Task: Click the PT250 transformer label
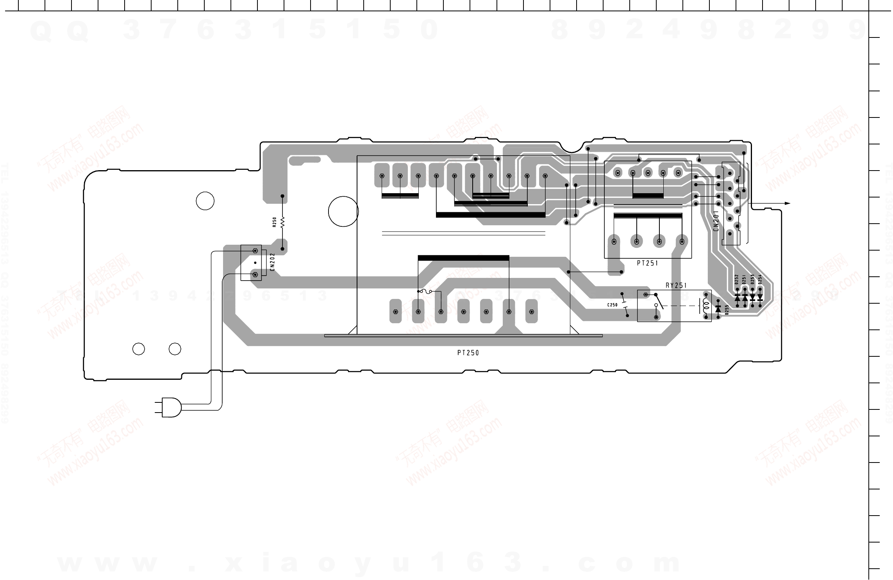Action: [468, 353]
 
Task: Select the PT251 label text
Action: [647, 263]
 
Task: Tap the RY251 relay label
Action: [676, 285]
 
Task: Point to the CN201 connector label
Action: [716, 221]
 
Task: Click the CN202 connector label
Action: [272, 262]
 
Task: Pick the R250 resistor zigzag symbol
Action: [282, 222]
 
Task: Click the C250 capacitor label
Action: [612, 305]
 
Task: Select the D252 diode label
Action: [736, 280]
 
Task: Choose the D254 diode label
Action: [760, 279]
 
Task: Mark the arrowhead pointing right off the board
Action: [787, 203]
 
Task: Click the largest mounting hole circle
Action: [343, 211]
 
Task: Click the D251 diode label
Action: [744, 280]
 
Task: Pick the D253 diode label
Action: [752, 279]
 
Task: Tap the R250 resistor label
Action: [274, 222]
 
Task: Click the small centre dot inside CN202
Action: [255, 263]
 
